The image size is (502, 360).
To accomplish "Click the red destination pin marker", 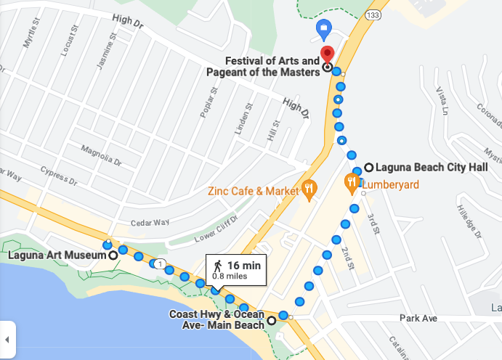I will [x=327, y=54].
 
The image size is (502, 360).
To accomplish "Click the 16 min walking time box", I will [x=237, y=269].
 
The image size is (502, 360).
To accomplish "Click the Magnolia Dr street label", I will [x=101, y=154].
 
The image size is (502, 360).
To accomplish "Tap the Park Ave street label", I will [x=418, y=319].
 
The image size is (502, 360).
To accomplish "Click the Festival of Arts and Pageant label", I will [x=271, y=66].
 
